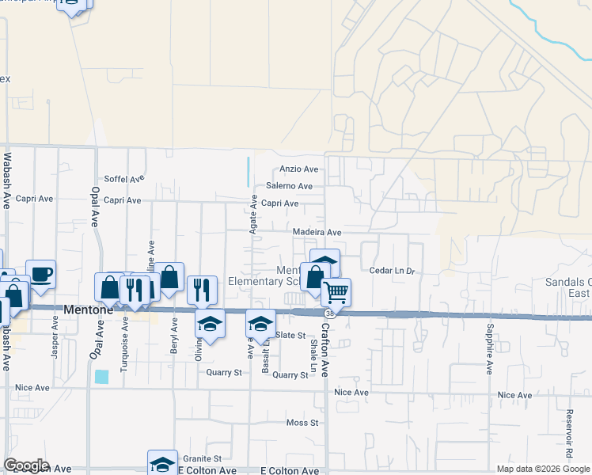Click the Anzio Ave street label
pos(298,169)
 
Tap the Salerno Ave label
pos(289,186)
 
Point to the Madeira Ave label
pos(317,232)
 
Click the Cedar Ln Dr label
pos(392,271)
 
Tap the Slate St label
pos(290,336)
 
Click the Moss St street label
pos(302,423)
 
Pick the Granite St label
pos(203,458)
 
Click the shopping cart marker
pos(336,292)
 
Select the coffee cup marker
pos(41,274)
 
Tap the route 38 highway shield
pos(329,313)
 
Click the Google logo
pos(26,465)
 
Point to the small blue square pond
pos(101,377)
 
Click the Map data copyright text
pos(543,469)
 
